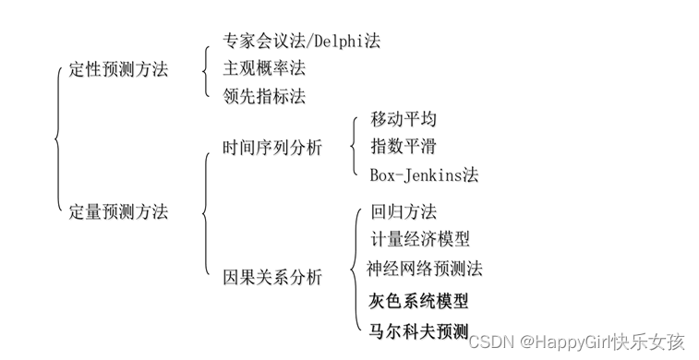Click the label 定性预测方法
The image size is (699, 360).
(119, 68)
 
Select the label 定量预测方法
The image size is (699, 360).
(119, 211)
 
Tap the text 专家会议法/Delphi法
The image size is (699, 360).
(301, 41)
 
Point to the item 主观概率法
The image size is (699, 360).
(263, 67)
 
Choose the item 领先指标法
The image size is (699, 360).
(263, 95)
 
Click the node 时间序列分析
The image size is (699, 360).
(272, 147)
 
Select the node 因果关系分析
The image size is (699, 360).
(272, 276)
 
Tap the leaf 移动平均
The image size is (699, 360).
(404, 120)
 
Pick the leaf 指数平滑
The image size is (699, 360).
(404, 146)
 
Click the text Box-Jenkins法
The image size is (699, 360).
(424, 174)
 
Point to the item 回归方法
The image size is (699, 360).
(404, 212)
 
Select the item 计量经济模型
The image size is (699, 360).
(420, 240)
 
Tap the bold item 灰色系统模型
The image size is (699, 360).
(418, 301)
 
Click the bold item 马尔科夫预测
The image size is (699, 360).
(418, 330)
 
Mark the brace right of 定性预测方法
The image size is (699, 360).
(205, 68)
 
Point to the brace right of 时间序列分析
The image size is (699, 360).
(352, 147)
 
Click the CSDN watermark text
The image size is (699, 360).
(487, 342)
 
